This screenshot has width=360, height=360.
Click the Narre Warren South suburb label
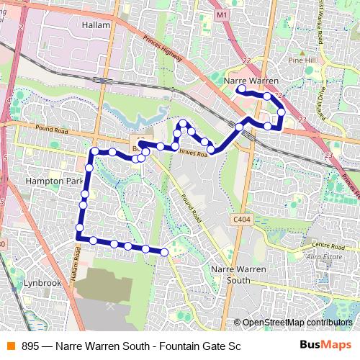[236, 274]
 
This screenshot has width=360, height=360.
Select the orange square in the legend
[10, 346]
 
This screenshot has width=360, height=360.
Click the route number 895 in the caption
[30, 346]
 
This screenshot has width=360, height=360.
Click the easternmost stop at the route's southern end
[164, 252]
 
